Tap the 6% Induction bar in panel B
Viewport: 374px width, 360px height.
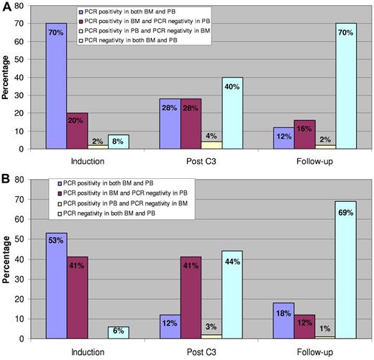coord(118,332)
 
